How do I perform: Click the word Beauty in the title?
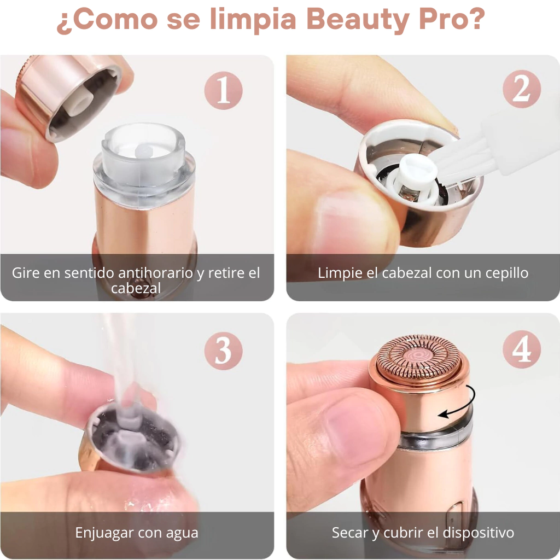(358, 20)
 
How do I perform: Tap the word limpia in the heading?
(253, 20)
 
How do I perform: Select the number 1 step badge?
(224, 90)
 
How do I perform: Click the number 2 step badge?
(521, 89)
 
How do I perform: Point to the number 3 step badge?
(224, 351)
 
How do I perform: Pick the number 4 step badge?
(521, 349)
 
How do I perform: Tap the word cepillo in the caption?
(507, 273)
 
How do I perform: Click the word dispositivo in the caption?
(478, 533)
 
